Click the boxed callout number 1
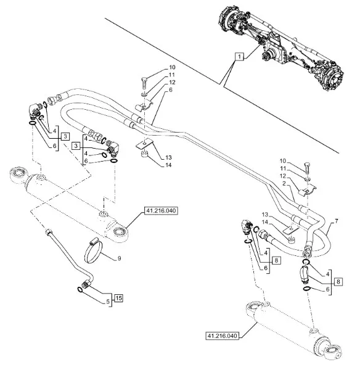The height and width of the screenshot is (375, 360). coord(239,57)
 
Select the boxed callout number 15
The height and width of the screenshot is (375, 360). coord(118,298)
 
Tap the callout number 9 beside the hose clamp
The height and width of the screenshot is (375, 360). coord(119,258)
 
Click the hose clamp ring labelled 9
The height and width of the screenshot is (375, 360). coord(94,250)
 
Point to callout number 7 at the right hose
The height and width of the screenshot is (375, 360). coord(337,221)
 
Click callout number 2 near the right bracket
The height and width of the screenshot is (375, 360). coord(284,183)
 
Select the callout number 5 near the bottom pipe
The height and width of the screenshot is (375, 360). coord(108,302)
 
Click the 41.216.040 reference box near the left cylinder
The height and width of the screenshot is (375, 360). coord(161,211)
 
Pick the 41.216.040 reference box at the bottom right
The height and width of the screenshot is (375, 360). coord(222,336)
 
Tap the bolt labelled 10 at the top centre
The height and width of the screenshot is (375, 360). coord(144,83)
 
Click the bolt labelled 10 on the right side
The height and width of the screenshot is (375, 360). coord(308,168)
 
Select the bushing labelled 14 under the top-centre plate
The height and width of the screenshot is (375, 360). coord(144,154)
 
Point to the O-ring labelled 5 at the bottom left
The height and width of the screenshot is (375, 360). coord(80,290)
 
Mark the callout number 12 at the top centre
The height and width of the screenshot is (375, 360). coord(172,82)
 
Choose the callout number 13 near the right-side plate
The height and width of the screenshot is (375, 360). coord(265,215)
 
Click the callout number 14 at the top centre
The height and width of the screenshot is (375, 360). coord(168,165)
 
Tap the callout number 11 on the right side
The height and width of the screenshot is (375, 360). coord(283,168)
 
